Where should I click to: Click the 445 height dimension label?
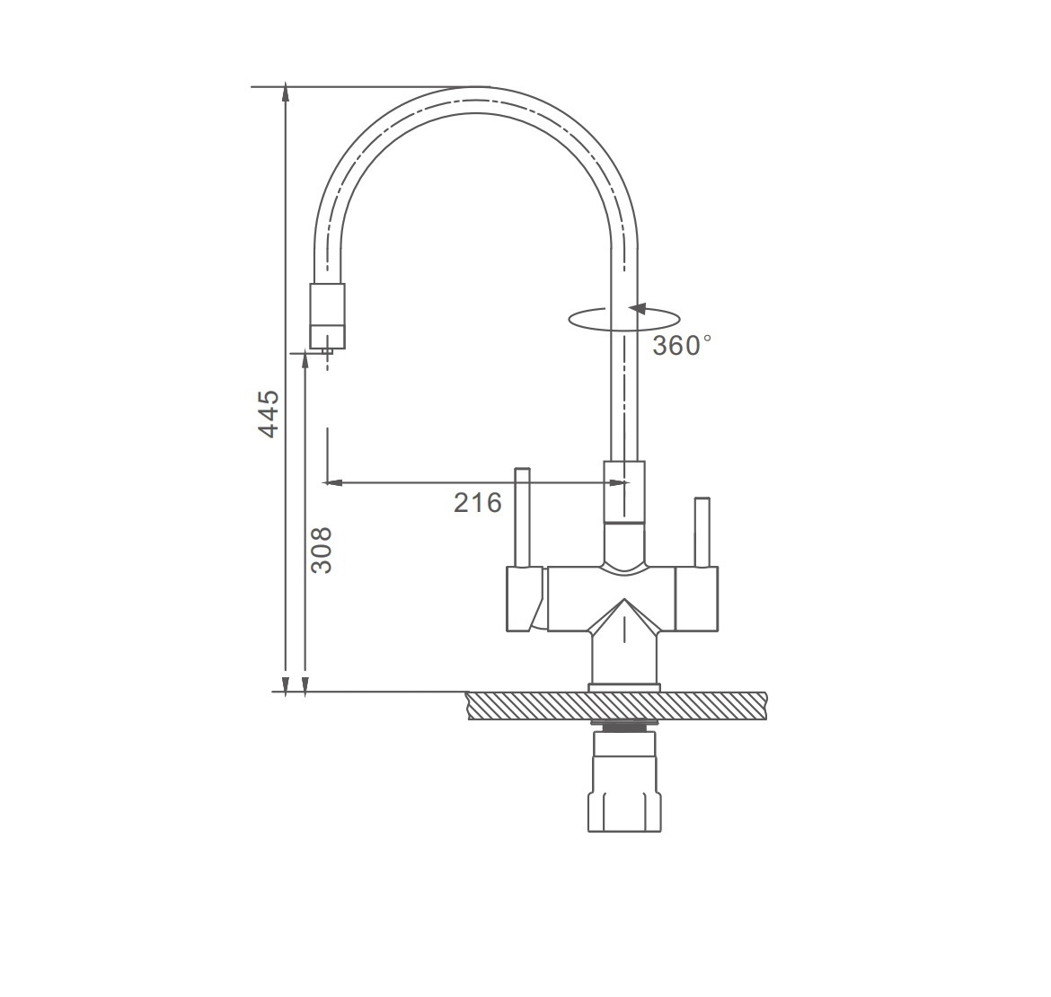point(269,414)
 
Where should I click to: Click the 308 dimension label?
point(322,550)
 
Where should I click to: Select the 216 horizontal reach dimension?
point(477,502)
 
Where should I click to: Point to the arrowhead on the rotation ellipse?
point(637,309)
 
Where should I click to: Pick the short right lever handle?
point(702,532)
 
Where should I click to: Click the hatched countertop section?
point(617,706)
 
